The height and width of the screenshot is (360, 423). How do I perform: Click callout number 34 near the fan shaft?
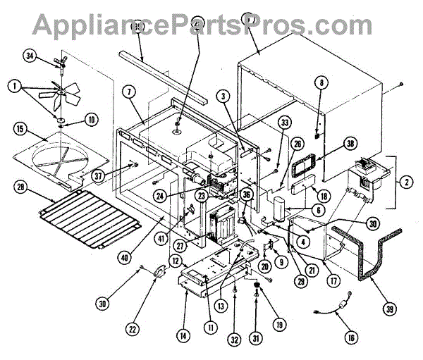(x=30, y=56)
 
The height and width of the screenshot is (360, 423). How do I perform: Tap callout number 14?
(x=183, y=336)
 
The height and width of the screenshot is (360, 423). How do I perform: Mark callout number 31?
(x=255, y=337)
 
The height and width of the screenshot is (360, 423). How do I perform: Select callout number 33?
(x=284, y=122)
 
